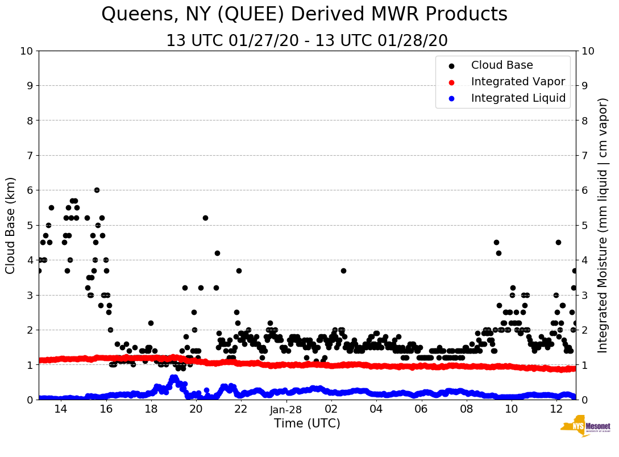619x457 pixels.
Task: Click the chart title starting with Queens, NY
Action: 304,15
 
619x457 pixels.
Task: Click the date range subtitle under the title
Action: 307,41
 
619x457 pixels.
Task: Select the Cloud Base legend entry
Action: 501,65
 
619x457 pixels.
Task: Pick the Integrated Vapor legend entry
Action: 518,82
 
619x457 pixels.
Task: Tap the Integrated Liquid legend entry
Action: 518,98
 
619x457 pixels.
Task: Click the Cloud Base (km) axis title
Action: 11,225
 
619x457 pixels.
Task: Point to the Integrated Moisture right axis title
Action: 603,225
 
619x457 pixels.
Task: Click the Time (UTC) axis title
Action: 307,423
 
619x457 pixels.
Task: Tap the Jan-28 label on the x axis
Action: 286,410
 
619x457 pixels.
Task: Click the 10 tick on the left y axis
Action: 26,51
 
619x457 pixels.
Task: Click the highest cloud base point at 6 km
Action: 97,190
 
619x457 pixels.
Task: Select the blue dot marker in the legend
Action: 451,98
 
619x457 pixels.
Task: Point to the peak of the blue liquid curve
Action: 173,377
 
